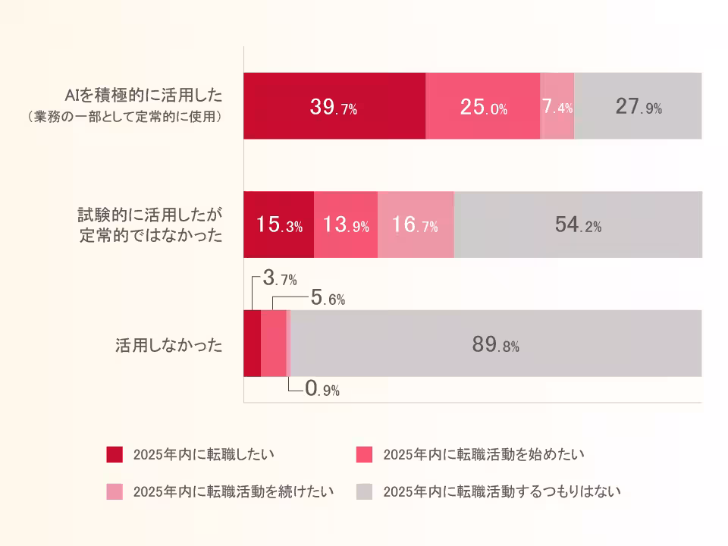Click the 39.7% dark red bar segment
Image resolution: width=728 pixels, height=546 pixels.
[334, 106]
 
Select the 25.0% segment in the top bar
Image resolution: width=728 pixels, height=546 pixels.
[483, 106]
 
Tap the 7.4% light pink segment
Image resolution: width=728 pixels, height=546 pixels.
[557, 106]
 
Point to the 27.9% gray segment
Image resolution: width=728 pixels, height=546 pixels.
[638, 106]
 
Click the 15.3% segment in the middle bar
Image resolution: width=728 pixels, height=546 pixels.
[278, 225]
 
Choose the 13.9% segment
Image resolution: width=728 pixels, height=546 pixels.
[346, 225]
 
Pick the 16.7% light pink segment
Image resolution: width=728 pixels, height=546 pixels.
[416, 225]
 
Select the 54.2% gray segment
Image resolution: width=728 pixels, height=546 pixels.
[578, 225]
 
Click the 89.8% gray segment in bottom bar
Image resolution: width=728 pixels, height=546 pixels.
[495, 344]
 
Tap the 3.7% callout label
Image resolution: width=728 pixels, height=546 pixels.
[279, 279]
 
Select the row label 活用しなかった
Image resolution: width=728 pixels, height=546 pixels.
[168, 345]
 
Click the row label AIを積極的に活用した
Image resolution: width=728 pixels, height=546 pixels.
[143, 95]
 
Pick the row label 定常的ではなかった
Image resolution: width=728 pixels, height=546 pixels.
[151, 235]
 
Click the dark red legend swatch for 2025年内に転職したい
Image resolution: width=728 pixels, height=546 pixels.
[115, 454]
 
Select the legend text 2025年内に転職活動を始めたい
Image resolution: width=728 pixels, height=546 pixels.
[484, 454]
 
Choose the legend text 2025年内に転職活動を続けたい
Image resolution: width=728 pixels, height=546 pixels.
[234, 491]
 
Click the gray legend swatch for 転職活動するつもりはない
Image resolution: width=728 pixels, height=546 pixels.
[365, 491]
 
